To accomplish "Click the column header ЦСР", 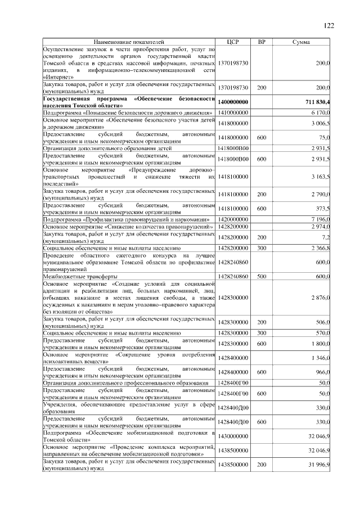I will pyautogui.click(x=232, y=42).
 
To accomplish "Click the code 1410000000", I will pyautogui.click(x=233, y=113).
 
